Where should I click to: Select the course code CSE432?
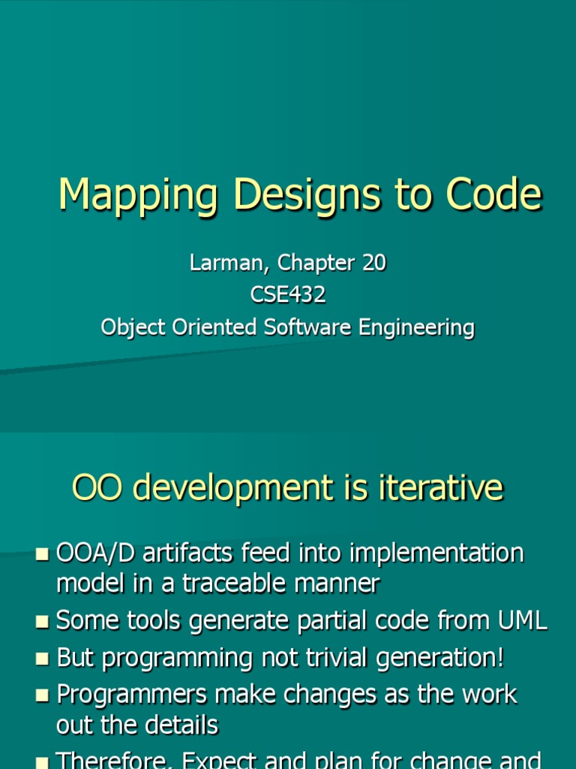click(x=288, y=295)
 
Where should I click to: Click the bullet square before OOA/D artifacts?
click(x=42, y=555)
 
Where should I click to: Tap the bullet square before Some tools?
click(x=42, y=621)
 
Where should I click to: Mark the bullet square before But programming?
click(x=42, y=659)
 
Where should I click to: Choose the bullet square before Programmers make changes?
click(x=42, y=695)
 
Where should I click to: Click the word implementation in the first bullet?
click(x=438, y=554)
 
